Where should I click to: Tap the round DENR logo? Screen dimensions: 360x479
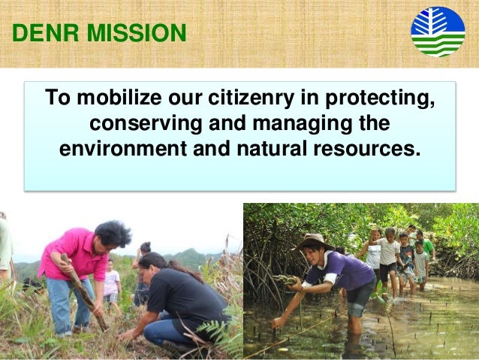[x=438, y=32]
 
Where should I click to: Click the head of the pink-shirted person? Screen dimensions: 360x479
[x=113, y=234]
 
